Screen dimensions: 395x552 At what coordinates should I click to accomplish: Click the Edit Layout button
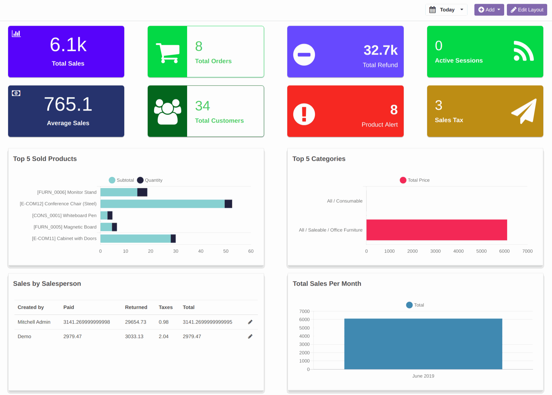click(x=527, y=10)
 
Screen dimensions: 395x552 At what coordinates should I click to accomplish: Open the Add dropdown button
click(x=489, y=10)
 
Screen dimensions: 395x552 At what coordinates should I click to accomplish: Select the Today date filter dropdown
click(x=446, y=10)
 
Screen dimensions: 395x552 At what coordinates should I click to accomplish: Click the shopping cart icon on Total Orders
click(x=168, y=53)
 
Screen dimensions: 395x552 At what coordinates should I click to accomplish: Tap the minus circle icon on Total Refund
click(x=304, y=55)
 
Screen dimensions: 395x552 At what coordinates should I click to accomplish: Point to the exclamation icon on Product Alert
click(x=304, y=114)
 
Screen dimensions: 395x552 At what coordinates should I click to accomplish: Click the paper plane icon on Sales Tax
click(x=524, y=111)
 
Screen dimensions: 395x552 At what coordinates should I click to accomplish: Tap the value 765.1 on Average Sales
click(x=68, y=104)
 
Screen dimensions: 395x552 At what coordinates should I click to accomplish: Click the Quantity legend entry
click(x=150, y=180)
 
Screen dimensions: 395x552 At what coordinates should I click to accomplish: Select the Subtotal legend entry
click(x=122, y=180)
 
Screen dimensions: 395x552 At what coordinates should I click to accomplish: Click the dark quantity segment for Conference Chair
click(x=228, y=204)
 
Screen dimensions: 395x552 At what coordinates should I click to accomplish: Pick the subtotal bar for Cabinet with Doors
click(x=135, y=239)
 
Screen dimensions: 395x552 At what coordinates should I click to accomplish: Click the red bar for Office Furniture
click(x=436, y=230)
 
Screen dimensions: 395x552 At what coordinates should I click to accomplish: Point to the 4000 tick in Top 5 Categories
click(x=458, y=251)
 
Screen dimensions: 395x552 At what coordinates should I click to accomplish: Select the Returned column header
click(x=136, y=307)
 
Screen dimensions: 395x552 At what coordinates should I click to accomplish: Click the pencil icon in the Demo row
click(x=250, y=336)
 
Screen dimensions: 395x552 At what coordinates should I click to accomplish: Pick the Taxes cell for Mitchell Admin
click(x=164, y=322)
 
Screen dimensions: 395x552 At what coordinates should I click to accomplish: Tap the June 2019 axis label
click(x=423, y=376)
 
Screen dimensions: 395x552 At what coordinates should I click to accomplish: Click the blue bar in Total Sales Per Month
click(x=423, y=344)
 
